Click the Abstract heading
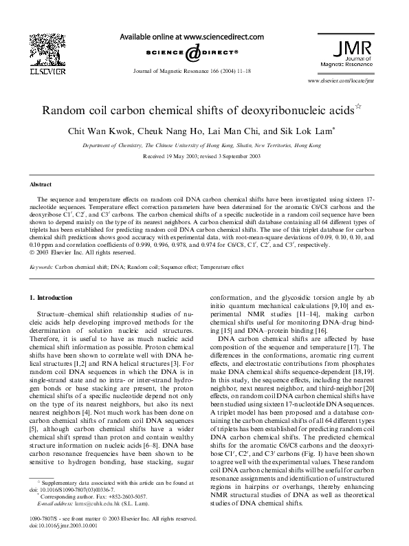click(41, 185)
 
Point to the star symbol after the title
click(357, 106)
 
